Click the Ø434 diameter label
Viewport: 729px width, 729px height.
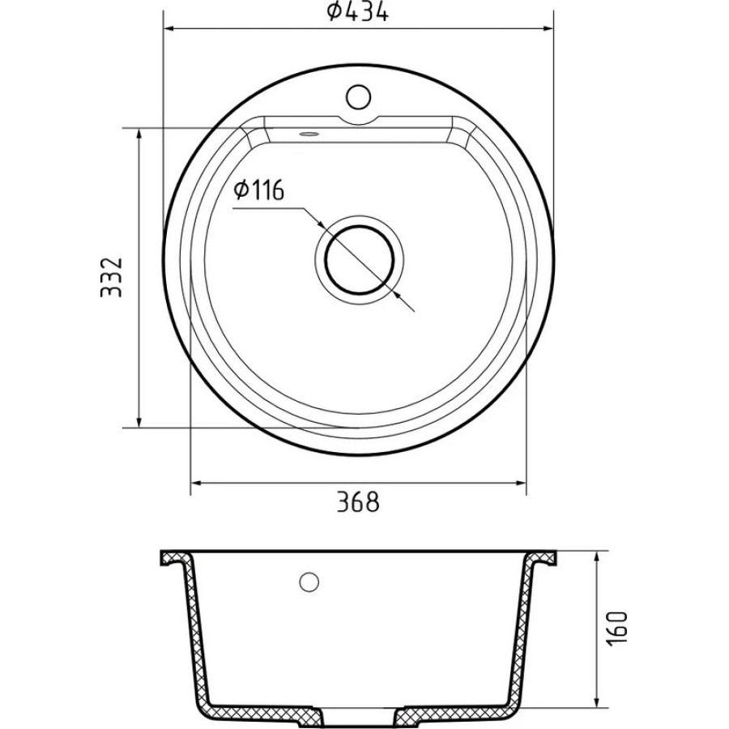click(x=357, y=12)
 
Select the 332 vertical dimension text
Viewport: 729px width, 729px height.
click(x=112, y=277)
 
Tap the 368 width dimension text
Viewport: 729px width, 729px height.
click(x=358, y=502)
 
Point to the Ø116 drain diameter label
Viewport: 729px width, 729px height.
click(x=259, y=190)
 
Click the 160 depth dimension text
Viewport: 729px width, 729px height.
click(x=617, y=627)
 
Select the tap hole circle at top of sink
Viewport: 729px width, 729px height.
click(x=359, y=96)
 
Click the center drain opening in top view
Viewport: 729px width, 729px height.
click(x=360, y=259)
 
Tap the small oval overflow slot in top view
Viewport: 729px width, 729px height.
click(x=309, y=134)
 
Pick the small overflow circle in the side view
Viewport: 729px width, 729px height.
click(x=309, y=582)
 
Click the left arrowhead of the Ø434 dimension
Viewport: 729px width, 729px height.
click(x=170, y=29)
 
